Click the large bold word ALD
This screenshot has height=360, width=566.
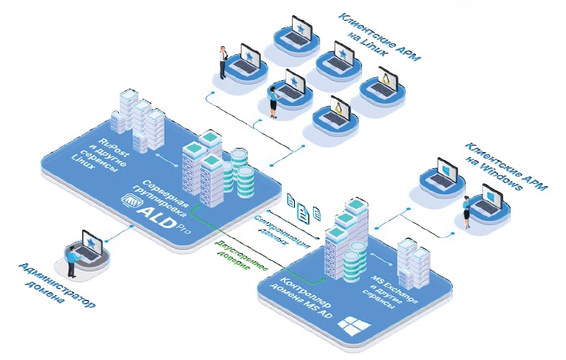[x=158, y=215]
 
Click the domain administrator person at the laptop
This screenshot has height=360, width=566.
[x=71, y=262]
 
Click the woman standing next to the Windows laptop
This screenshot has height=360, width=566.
[x=467, y=210]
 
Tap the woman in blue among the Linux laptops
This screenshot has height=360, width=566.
[x=273, y=101]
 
